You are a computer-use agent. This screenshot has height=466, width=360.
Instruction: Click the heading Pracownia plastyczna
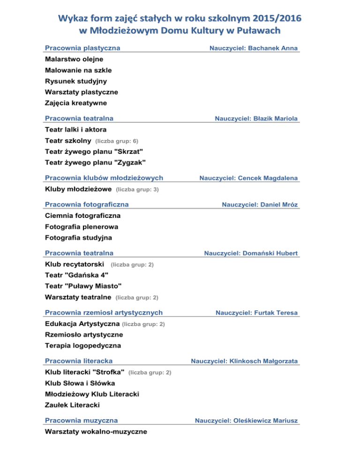click(x=82, y=48)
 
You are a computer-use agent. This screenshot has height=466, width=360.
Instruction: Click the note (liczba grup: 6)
click(x=116, y=141)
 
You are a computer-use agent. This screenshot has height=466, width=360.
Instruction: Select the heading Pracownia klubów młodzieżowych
click(x=104, y=178)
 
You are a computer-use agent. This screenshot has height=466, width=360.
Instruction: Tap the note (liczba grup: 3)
click(x=137, y=190)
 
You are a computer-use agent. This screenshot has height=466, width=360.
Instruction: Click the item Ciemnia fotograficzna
click(x=83, y=216)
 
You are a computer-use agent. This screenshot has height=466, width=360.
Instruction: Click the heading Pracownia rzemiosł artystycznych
click(x=104, y=312)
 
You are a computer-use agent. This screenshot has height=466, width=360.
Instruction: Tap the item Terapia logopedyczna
click(x=83, y=346)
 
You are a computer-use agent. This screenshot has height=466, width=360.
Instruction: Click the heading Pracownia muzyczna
click(x=81, y=420)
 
